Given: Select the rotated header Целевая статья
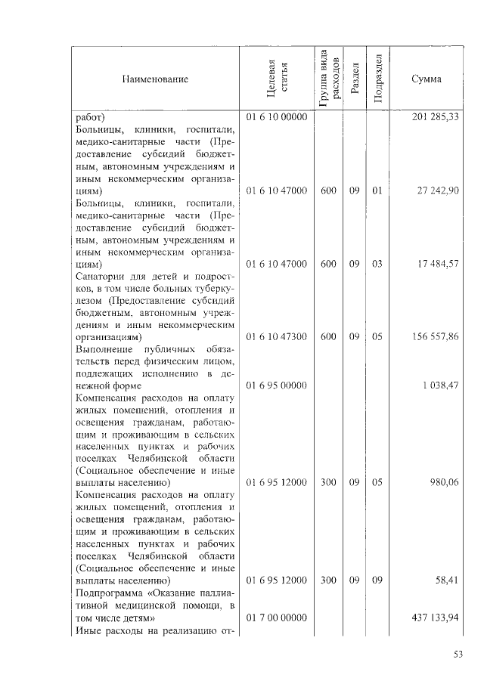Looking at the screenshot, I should (276, 79).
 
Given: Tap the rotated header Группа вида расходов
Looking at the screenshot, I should (327, 79).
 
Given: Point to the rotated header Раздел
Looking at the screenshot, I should (354, 79).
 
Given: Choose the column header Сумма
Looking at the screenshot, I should (427, 79).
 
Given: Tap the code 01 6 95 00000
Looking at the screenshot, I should (276, 385).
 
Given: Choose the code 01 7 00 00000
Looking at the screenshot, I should (276, 617).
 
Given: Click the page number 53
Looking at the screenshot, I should (458, 655).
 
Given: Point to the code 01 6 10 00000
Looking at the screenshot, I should (276, 118).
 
